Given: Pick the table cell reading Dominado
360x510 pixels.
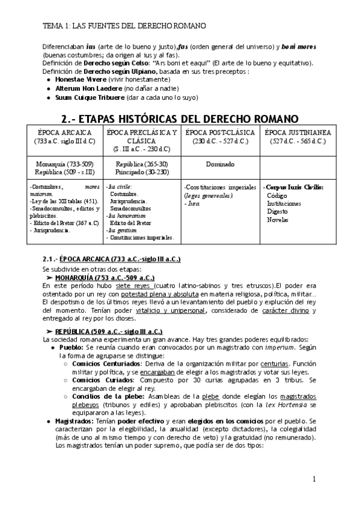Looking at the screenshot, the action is [x=219, y=163].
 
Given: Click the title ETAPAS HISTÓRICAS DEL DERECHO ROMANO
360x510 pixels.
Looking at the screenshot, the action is [x=180, y=116].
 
